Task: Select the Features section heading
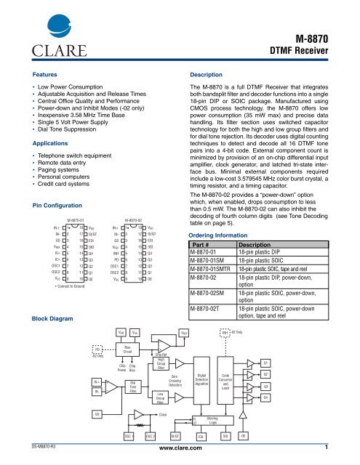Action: click(x=44, y=75)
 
